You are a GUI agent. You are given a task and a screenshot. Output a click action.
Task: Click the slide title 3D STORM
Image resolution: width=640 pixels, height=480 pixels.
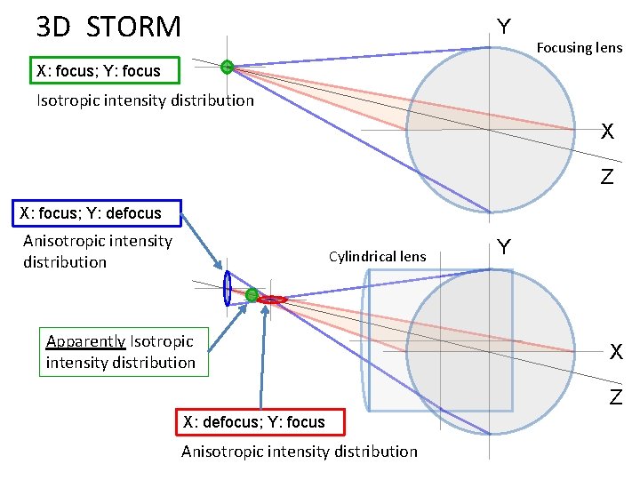point(108,27)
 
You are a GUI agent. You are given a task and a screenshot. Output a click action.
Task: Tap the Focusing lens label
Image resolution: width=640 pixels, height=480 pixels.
point(579,48)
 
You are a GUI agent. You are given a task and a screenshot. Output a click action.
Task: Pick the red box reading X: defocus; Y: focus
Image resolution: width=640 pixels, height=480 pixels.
point(253,422)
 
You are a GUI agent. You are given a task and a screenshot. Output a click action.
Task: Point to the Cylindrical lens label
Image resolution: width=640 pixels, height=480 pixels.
point(377,257)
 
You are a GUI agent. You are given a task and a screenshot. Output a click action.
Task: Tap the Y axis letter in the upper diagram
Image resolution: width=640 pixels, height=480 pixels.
point(504,27)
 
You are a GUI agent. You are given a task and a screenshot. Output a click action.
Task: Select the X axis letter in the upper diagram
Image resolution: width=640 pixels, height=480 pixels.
point(607,132)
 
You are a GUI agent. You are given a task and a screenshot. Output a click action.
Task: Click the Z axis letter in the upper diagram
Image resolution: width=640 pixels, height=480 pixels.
point(606,177)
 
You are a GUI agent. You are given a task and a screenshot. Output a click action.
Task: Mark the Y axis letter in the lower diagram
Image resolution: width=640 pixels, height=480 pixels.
point(504,246)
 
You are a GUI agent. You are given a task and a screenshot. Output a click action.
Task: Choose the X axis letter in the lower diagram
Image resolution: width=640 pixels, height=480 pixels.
point(616,352)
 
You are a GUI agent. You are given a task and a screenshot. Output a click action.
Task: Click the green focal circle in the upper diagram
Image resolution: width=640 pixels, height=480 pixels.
point(228,66)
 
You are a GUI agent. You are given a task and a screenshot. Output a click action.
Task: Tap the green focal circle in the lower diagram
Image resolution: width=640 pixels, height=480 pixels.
point(252,294)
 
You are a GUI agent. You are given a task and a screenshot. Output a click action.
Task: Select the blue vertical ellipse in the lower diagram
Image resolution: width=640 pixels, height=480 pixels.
point(228,287)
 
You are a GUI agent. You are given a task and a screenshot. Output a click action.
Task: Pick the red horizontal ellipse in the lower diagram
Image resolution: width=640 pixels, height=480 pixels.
point(272,300)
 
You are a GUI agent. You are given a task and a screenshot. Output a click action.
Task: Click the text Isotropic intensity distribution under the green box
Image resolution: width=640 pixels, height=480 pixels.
point(145,100)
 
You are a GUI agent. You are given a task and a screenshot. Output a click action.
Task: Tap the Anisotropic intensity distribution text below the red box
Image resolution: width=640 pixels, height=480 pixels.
point(299,452)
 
